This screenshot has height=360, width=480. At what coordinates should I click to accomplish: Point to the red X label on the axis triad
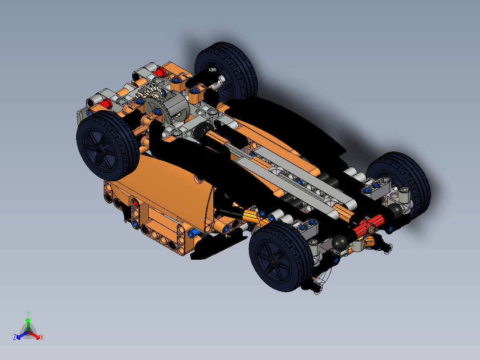coord(42,337)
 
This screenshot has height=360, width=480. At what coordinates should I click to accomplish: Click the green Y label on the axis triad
coord(28,313)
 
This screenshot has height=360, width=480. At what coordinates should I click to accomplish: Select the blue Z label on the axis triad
coord(14,337)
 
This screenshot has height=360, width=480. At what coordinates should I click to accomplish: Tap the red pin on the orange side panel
coord(134,204)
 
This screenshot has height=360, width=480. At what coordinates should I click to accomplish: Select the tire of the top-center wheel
coord(243,58)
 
